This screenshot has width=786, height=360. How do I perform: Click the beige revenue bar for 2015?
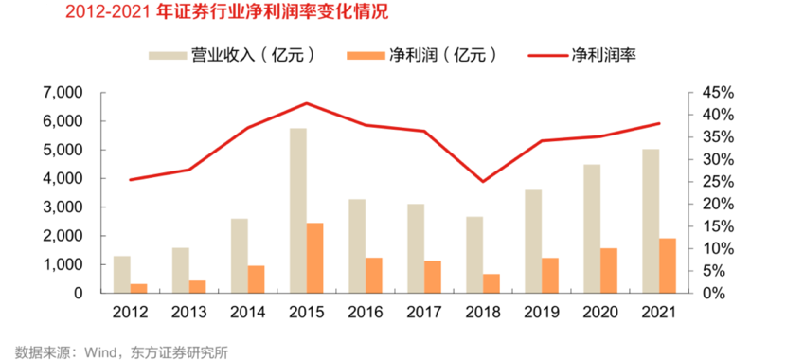point(298,210)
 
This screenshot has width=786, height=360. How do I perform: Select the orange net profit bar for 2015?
point(315,258)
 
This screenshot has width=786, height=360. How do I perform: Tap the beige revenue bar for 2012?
point(122,274)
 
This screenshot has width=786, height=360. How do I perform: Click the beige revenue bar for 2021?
point(650,221)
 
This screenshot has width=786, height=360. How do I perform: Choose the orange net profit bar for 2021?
point(667,265)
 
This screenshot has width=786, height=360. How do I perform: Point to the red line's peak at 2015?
point(307,103)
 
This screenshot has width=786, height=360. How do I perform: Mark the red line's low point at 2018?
point(483,181)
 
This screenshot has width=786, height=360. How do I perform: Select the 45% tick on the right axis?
point(717,93)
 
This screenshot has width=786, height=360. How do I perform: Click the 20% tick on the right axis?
point(717,204)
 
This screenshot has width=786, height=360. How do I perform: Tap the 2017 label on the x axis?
point(424,312)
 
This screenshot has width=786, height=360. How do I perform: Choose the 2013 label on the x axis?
point(189,312)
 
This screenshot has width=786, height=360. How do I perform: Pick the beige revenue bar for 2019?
point(533,241)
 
